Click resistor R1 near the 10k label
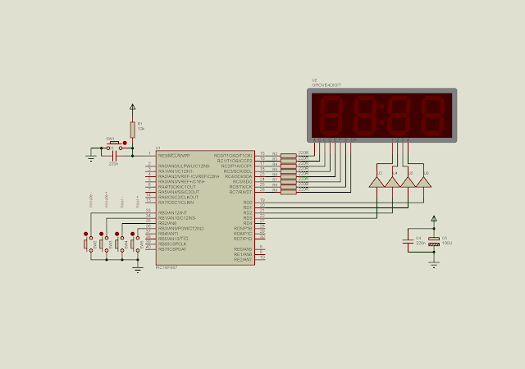click(x=132, y=129)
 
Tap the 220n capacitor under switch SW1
click(x=113, y=155)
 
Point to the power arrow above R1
click(x=132, y=107)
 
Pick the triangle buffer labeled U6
click(x=425, y=180)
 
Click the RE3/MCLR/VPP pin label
click(x=174, y=155)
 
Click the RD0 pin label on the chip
click(x=247, y=203)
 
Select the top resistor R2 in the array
click(x=288, y=154)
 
